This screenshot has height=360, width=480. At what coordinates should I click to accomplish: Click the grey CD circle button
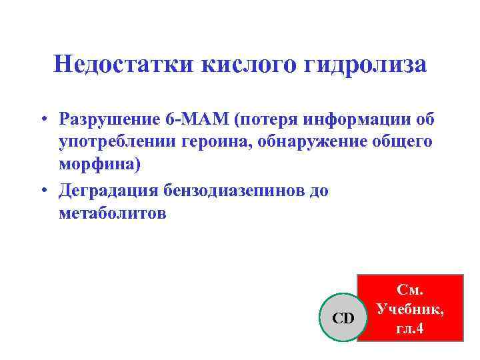pyautogui.click(x=343, y=318)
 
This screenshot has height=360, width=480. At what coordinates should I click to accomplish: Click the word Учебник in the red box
pyautogui.click(x=410, y=309)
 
